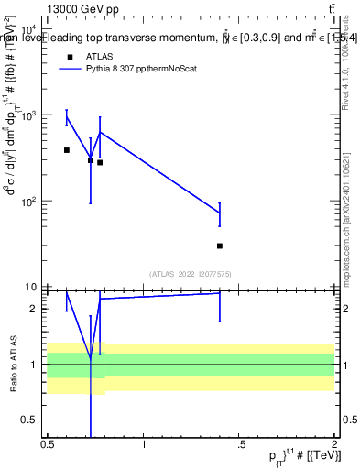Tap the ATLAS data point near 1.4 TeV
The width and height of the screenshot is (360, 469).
[x=220, y=245]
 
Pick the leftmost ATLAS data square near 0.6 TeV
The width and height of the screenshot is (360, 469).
[x=67, y=149]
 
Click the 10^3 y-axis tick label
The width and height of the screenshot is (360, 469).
[x=28, y=115]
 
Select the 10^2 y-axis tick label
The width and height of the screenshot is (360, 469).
[x=28, y=201]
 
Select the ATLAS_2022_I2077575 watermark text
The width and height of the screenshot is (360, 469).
[x=191, y=273]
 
